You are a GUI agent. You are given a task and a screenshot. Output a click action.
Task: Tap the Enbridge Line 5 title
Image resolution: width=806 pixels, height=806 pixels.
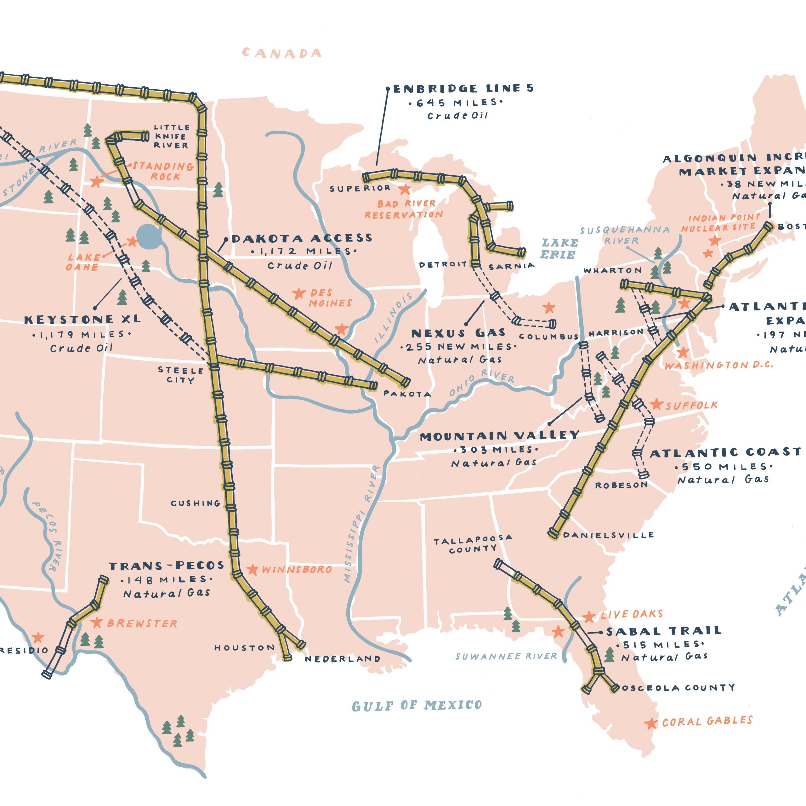click(463, 88)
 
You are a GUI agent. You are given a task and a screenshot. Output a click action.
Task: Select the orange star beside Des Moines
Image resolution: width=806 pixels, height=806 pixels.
click(298, 293)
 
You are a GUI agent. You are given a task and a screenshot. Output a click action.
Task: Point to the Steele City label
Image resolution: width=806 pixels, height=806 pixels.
click(180, 375)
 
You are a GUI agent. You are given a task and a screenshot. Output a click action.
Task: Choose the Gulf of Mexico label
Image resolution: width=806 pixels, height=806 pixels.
click(417, 706)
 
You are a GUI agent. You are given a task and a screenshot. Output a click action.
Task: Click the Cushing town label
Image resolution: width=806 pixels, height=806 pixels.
click(195, 503)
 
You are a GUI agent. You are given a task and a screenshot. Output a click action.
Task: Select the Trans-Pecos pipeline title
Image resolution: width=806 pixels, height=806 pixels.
click(167, 566)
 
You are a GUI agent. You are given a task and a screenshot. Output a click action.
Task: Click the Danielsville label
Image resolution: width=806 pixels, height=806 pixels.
click(608, 535)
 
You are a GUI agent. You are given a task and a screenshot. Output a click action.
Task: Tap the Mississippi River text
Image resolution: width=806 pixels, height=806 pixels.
click(361, 524)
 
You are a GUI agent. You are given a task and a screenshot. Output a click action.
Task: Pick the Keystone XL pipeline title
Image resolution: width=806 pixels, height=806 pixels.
click(82, 320)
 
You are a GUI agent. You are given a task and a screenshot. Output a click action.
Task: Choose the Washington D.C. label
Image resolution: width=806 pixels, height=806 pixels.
click(718, 365)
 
